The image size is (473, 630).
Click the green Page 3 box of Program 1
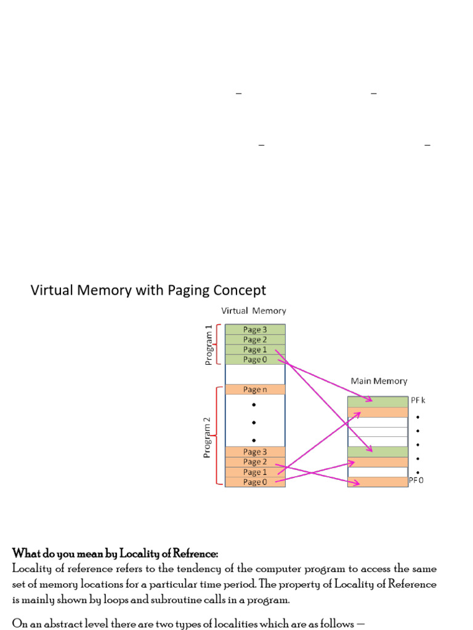pos(255,329)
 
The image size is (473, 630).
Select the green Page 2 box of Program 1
pos(255,340)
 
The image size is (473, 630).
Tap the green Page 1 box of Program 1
pos(255,349)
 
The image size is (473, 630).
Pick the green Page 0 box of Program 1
pos(255,360)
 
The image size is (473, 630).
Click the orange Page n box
pos(255,389)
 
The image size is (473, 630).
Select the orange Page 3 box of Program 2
pos(255,452)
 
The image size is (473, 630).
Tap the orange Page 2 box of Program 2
pos(255,462)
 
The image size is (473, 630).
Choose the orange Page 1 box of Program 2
pos(255,472)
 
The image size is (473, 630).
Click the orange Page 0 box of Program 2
pos(255,482)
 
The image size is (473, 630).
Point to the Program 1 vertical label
pos(208,345)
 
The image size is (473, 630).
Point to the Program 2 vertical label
pos(208,437)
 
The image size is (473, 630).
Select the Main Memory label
pos(379,381)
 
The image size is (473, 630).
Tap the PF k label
pos(418,401)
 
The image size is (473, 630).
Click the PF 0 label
pos(416,481)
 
